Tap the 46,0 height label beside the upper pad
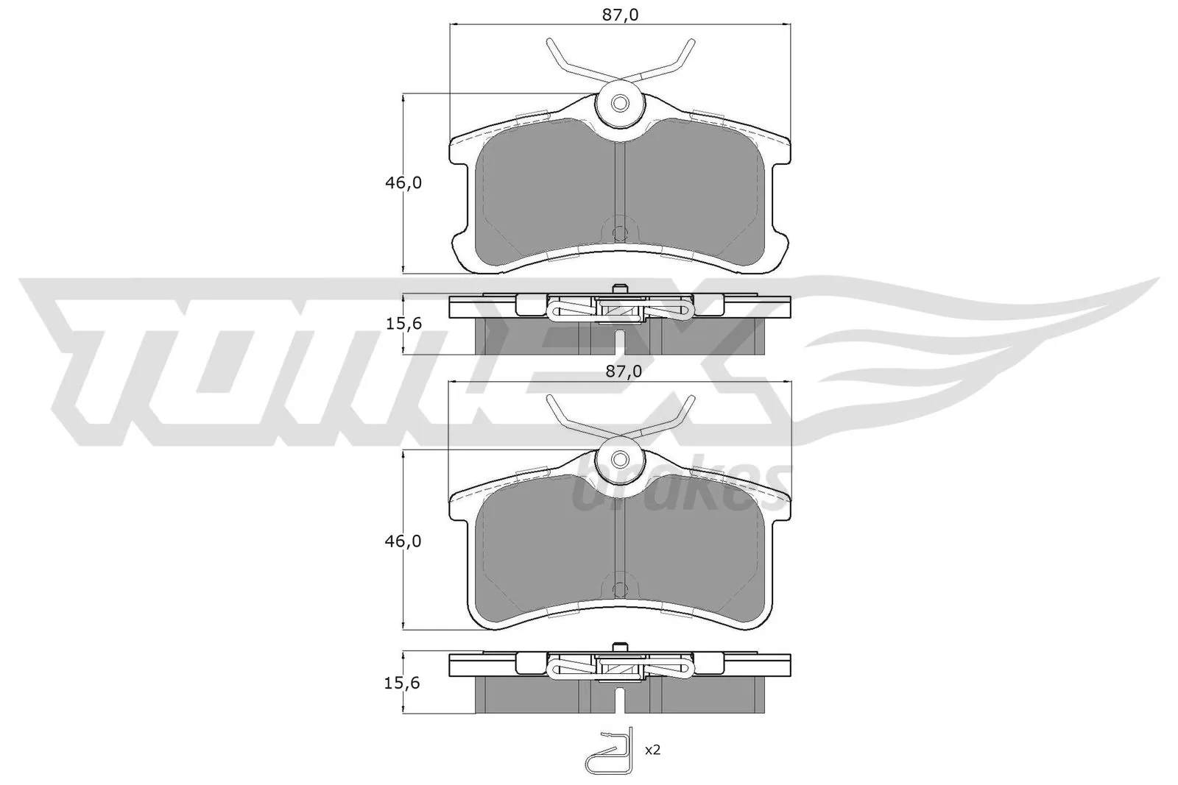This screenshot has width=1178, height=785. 403,183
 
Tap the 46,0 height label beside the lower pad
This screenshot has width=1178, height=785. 403,541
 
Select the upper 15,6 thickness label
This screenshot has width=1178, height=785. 403,324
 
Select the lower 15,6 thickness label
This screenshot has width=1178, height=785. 403,683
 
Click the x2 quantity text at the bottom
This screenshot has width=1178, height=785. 652,750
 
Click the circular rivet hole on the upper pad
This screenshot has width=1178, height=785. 620,104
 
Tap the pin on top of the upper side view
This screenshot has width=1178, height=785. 619,289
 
